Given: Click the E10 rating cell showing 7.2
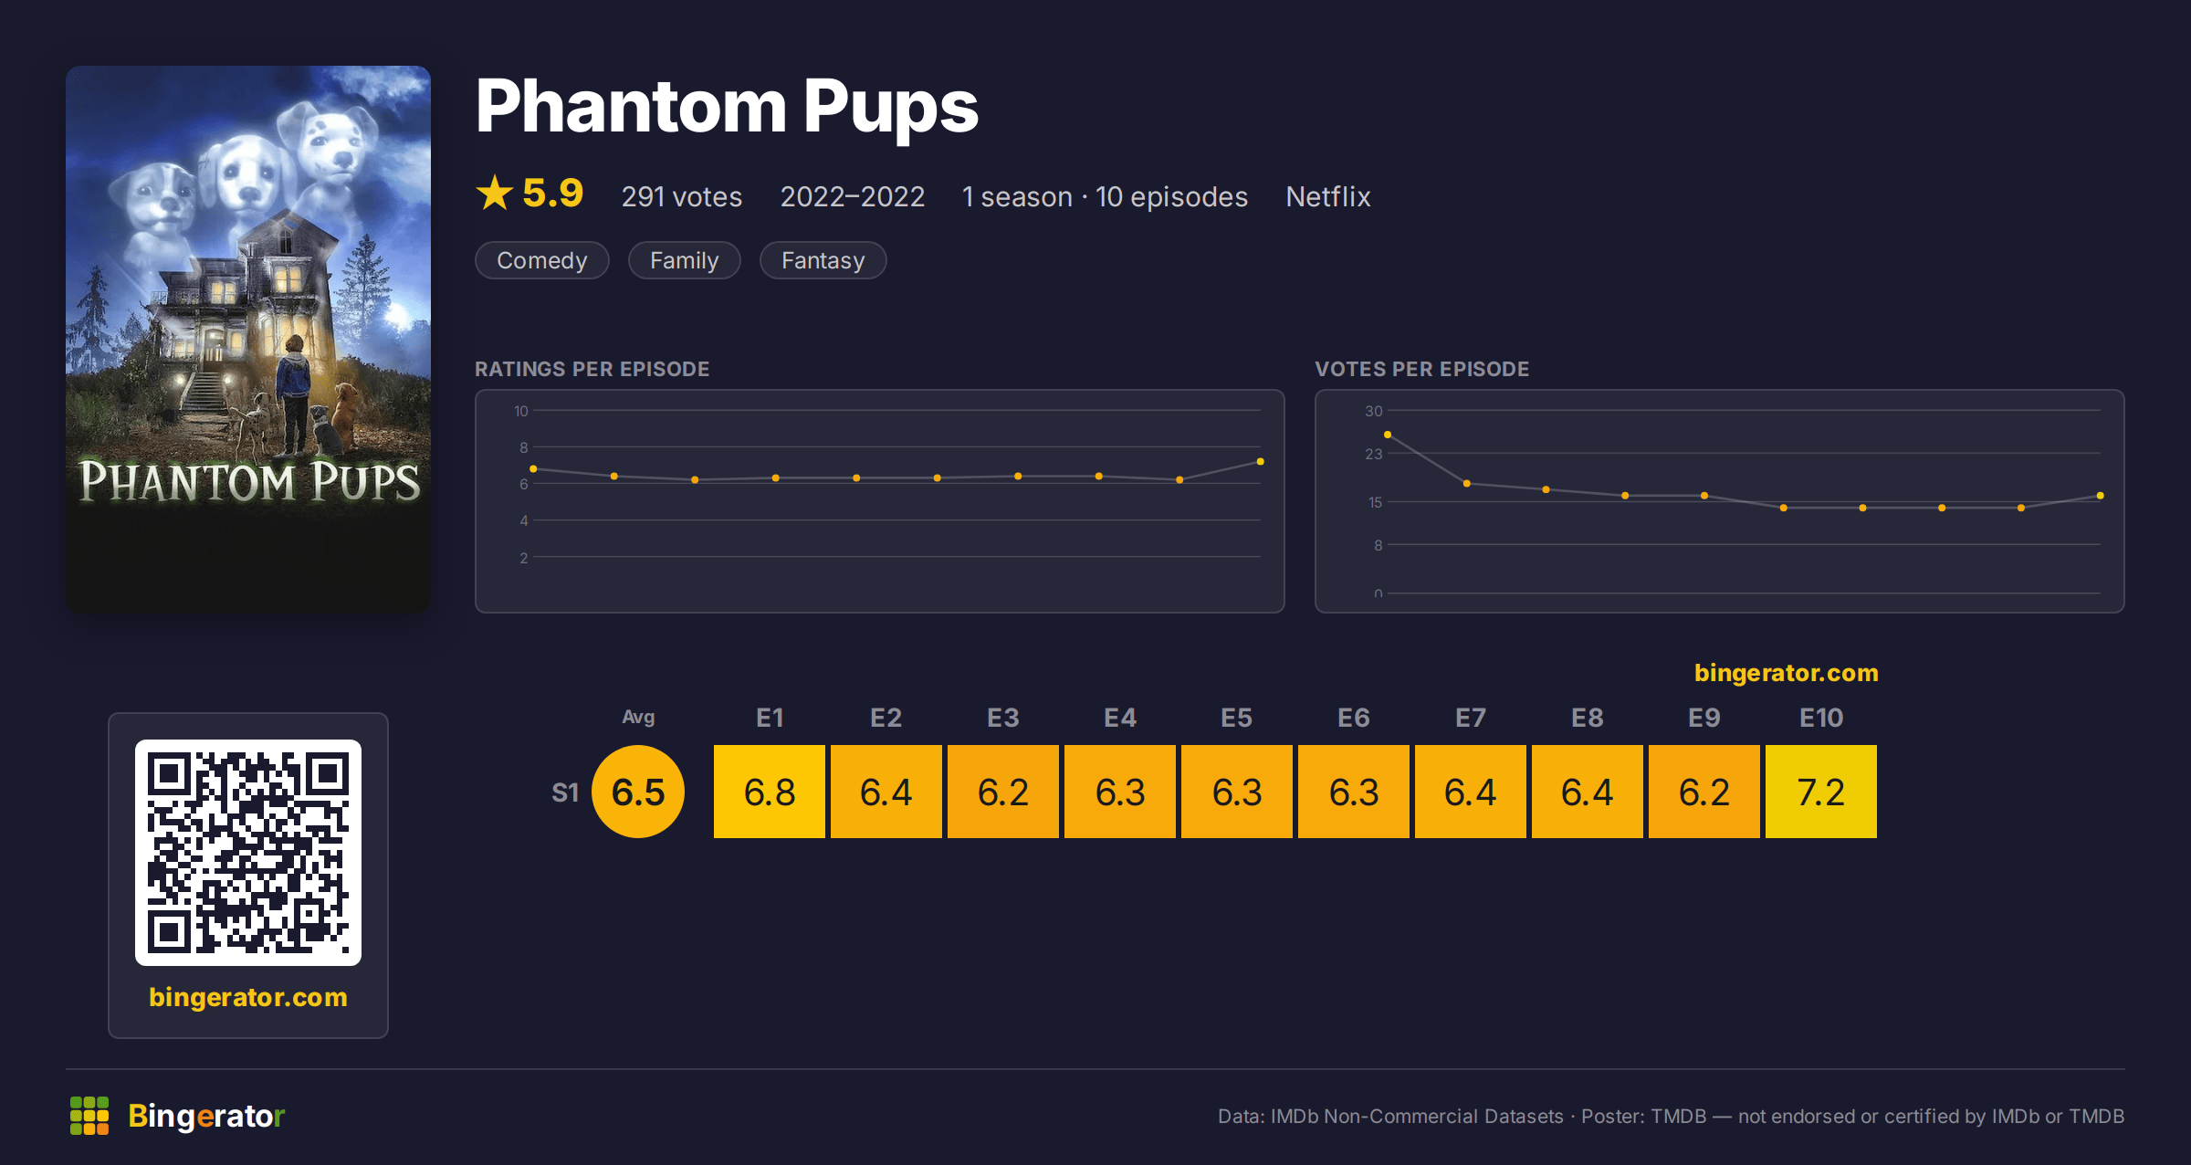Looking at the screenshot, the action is tap(1821, 792).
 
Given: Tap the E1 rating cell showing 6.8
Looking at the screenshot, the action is tap(770, 792).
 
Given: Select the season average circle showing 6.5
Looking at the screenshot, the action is tap(638, 792).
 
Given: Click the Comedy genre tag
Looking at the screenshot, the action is tap(542, 260).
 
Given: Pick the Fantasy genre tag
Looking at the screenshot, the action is tap(823, 260).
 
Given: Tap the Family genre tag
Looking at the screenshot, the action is tap(685, 260).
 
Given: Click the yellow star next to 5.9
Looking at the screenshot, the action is tap(495, 193).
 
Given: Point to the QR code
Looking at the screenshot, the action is tap(248, 853).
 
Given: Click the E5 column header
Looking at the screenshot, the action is tap(1237, 718).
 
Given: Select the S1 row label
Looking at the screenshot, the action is tap(565, 792).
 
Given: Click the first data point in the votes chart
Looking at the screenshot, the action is tap(1388, 435).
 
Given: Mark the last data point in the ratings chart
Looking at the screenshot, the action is tap(1261, 462).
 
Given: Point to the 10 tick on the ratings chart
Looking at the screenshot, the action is tap(521, 411).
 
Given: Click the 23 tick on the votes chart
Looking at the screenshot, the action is tap(1374, 454).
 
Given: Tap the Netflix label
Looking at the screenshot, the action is tap(1328, 196).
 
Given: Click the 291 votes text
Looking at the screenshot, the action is tap(682, 196).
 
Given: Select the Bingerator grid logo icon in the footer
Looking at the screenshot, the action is tap(89, 1116).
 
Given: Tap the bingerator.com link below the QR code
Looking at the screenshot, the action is tap(248, 997).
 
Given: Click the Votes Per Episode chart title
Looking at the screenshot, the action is tap(1422, 369).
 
